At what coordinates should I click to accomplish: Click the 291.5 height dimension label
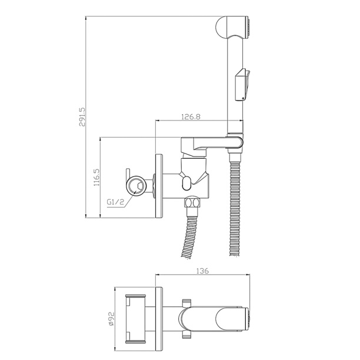(82, 117)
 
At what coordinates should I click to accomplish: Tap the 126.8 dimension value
(191, 117)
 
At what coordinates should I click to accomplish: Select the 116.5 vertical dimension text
(96, 177)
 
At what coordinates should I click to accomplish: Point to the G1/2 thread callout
(115, 202)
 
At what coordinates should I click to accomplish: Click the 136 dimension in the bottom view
(202, 271)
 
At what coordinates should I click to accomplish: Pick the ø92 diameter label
(111, 319)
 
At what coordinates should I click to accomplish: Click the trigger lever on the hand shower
(243, 85)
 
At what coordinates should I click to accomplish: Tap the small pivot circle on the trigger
(244, 98)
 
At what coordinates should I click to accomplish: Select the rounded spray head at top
(232, 27)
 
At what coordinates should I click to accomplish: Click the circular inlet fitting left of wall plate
(136, 185)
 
